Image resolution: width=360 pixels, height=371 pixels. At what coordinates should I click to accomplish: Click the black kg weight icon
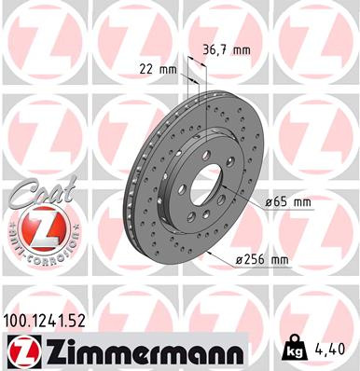[x=291, y=350]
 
